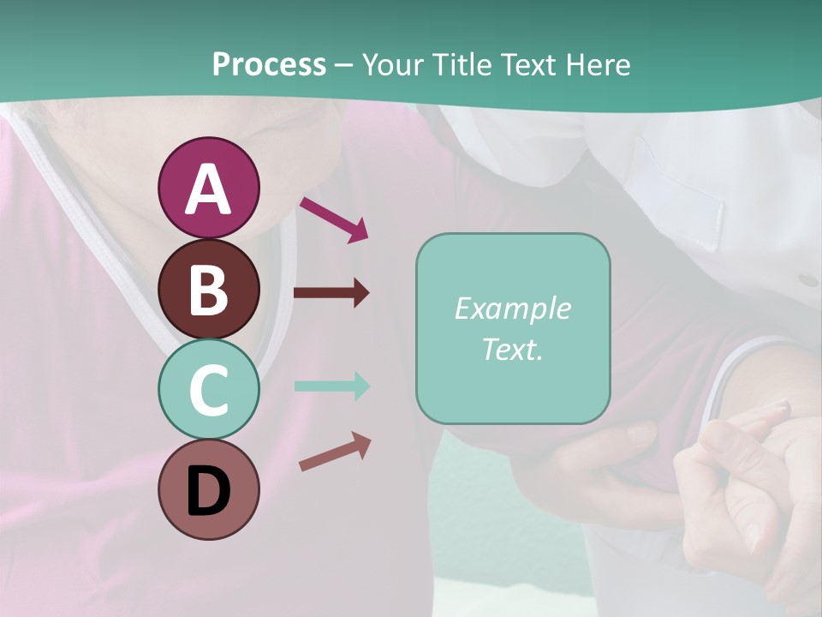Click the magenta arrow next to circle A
coord(334,219)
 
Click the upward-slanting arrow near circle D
coord(335,452)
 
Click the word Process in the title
coord(269,64)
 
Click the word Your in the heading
coord(395,64)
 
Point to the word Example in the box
coord(512,308)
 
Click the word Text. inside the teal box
coord(512,349)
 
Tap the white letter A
coord(209,190)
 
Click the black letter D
coord(209,491)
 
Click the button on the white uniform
coord(807,279)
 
